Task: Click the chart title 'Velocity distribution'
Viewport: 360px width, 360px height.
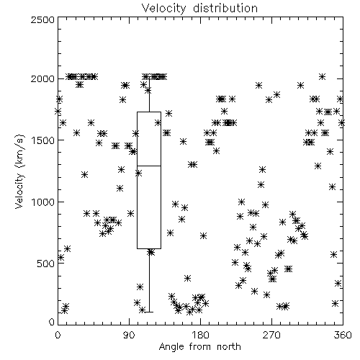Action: click(199, 9)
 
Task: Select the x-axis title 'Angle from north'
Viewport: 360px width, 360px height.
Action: click(199, 347)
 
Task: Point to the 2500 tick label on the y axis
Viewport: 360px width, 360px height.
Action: click(42, 19)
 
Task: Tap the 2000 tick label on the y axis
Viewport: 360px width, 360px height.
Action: click(42, 78)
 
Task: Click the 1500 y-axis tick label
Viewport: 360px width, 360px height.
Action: click(43, 140)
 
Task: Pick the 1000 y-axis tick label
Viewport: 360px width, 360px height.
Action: click(43, 202)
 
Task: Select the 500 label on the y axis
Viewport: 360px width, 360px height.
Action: click(46, 264)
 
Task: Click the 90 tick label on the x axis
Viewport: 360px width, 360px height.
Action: click(129, 335)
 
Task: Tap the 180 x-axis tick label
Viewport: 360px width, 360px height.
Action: click(200, 335)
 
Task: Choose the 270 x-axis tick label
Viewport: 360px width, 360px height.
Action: click(271, 335)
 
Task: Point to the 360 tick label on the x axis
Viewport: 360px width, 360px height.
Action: click(343, 335)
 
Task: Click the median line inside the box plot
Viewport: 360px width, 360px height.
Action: click(149, 166)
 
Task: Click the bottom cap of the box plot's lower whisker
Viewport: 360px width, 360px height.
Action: click(149, 312)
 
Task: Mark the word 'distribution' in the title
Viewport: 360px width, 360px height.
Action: click(225, 9)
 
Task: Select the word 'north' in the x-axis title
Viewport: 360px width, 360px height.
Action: click(229, 347)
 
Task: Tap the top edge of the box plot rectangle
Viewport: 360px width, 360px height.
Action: click(149, 112)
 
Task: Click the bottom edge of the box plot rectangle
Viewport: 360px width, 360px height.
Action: click(149, 248)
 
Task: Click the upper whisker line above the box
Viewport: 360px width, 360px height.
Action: click(149, 94)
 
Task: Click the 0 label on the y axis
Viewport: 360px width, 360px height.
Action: click(52, 322)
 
